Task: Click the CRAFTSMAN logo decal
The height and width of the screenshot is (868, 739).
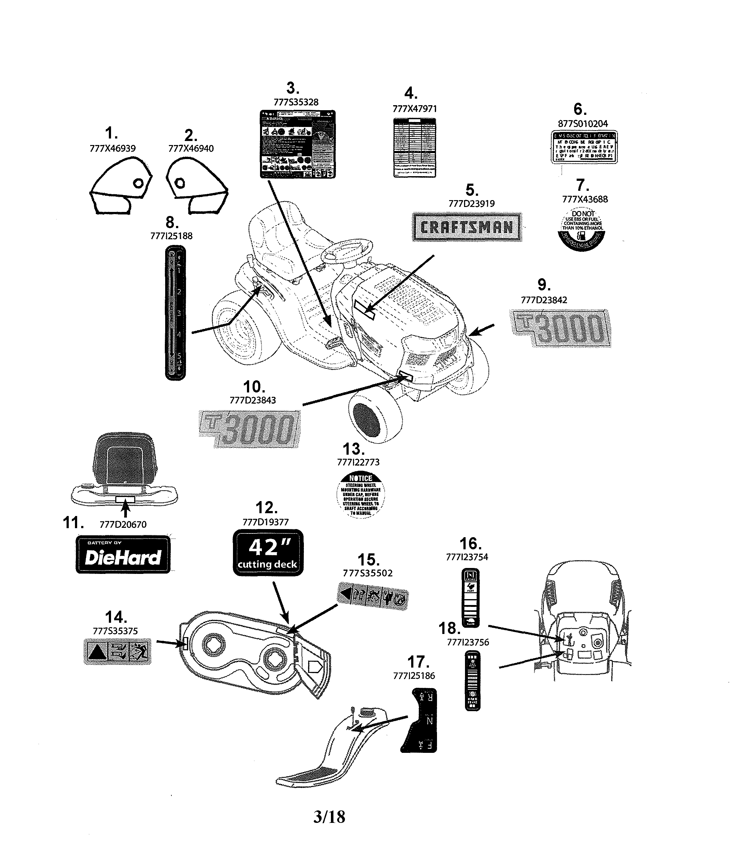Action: [x=467, y=227]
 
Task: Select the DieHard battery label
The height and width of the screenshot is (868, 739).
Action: [x=123, y=554]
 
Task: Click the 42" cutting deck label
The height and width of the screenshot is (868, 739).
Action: [x=267, y=552]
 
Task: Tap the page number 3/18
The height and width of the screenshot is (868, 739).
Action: [x=329, y=816]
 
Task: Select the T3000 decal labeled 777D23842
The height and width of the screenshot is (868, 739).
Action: [x=560, y=328]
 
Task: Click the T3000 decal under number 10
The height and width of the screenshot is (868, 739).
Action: [x=249, y=429]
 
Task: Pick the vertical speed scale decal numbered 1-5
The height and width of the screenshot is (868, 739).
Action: [x=175, y=312]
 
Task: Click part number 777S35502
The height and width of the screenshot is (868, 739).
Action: [x=367, y=573]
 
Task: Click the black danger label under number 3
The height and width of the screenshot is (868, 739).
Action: [x=297, y=144]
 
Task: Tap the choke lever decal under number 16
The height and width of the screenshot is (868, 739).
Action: [x=470, y=597]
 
